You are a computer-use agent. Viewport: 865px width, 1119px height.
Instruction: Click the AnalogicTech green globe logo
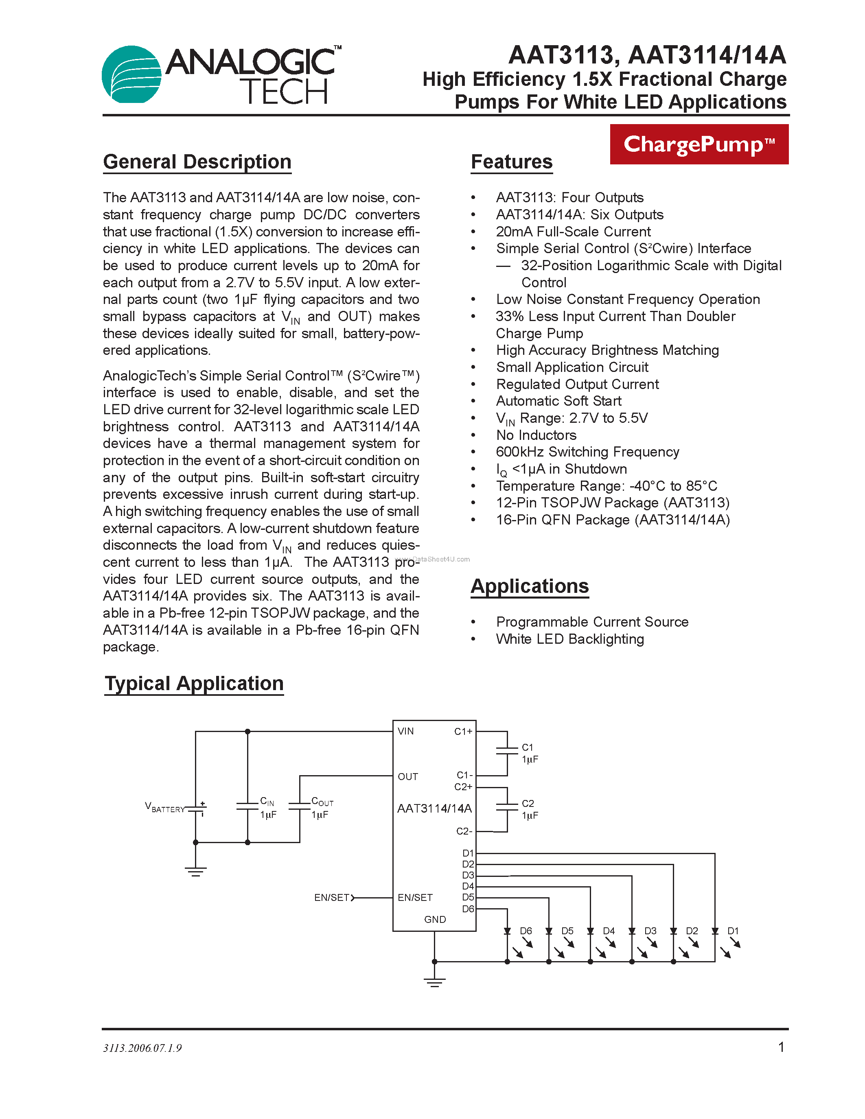click(132, 74)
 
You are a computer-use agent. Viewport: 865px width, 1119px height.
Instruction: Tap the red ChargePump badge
click(699, 144)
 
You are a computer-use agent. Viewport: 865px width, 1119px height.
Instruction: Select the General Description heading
click(197, 162)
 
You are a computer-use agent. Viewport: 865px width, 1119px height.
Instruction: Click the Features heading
click(511, 162)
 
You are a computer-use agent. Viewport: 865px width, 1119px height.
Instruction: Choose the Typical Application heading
click(194, 684)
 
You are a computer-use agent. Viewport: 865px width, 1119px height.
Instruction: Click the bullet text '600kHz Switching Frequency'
click(587, 452)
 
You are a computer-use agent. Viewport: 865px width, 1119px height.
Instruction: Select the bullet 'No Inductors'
click(536, 435)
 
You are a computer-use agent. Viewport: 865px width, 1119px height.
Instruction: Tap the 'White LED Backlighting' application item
click(570, 639)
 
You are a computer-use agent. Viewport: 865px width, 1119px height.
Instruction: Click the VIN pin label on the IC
click(405, 731)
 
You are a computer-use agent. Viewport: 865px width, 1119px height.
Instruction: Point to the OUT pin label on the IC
click(407, 777)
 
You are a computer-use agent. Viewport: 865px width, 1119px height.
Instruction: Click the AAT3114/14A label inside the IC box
click(434, 809)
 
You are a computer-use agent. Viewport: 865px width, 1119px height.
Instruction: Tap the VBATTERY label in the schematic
click(164, 807)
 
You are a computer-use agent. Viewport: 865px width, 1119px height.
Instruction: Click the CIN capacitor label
click(267, 801)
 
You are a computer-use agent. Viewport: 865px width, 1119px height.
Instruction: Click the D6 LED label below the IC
click(526, 931)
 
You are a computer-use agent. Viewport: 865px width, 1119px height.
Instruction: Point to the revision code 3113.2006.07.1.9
click(142, 1048)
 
